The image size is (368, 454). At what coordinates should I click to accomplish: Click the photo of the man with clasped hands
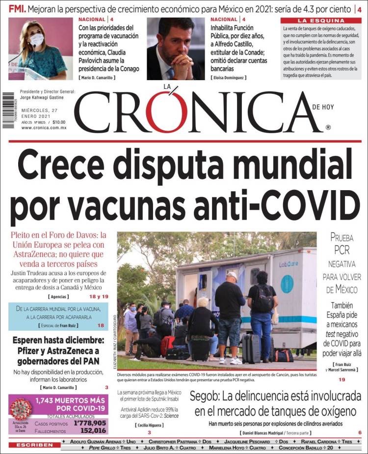coord(176,49)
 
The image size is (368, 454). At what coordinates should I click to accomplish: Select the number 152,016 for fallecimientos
coord(90,430)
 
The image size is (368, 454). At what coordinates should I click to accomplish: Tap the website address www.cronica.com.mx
coord(44,127)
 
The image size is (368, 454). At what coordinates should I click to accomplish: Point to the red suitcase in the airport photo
coord(168,345)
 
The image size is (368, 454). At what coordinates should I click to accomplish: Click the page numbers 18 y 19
coord(98,297)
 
